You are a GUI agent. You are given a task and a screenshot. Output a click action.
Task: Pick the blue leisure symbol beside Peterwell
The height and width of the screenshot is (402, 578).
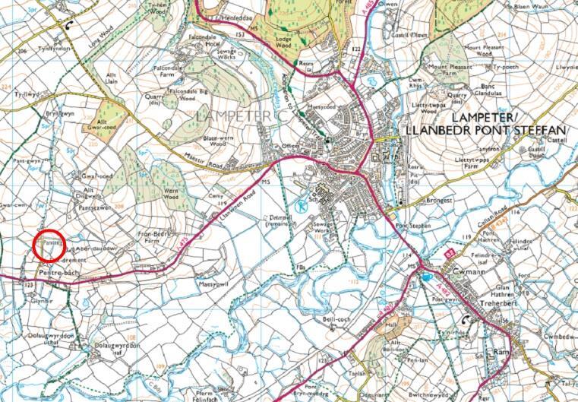tap(301, 204)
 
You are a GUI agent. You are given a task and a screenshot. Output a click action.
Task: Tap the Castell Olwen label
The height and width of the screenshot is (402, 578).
tap(415, 34)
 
